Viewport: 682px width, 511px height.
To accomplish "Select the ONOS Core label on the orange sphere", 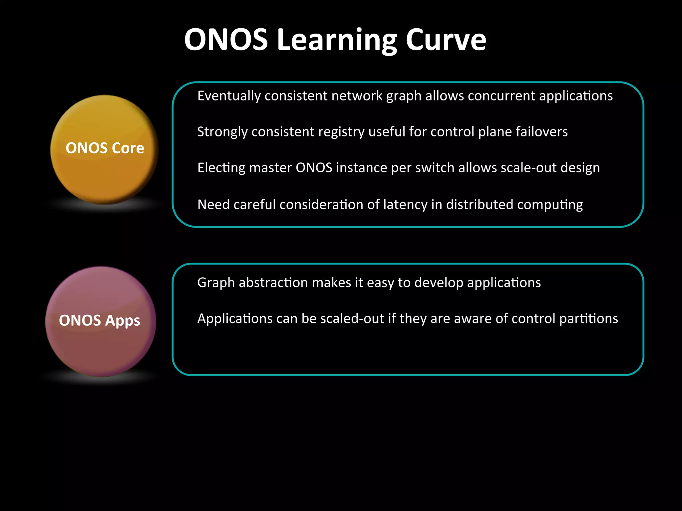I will (x=105, y=148).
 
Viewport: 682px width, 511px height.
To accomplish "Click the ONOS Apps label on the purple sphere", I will (x=100, y=321).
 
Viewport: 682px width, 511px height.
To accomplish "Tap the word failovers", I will (x=541, y=132).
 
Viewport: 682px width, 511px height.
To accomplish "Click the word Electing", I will (x=221, y=168).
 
